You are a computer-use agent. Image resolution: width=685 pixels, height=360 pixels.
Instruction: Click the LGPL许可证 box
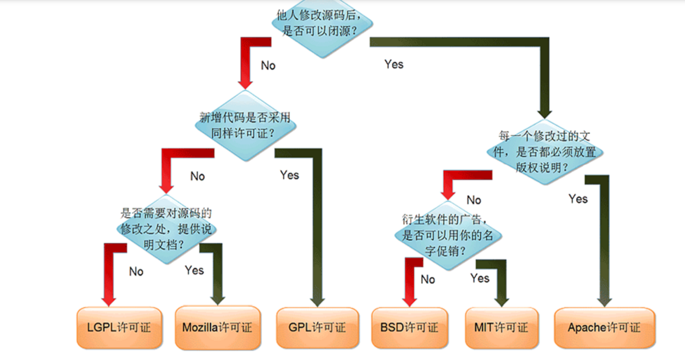[119, 327]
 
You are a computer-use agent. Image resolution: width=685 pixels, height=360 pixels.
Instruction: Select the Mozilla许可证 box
[218, 327]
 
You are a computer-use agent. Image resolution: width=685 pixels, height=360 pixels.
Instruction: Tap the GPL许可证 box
[317, 327]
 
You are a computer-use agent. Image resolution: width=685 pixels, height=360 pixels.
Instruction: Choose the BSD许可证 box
[409, 327]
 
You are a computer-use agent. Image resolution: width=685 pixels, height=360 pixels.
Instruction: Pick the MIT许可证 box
[501, 327]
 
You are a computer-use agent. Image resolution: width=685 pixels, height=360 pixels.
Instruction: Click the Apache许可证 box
[604, 327]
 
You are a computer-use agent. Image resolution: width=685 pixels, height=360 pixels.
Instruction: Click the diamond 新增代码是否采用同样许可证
[245, 126]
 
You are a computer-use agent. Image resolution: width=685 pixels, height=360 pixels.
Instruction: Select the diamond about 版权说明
[545, 152]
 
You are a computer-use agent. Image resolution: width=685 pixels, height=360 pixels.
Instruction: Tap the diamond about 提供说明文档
[166, 229]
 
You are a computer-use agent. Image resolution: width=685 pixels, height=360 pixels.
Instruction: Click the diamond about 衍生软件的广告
[448, 235]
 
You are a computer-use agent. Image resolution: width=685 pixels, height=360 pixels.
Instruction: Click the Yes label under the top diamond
[394, 64]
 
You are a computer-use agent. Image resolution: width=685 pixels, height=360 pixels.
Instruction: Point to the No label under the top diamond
[268, 65]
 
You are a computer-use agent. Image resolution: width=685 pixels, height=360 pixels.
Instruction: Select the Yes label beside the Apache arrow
[578, 199]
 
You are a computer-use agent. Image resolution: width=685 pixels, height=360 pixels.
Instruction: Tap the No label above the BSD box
[428, 279]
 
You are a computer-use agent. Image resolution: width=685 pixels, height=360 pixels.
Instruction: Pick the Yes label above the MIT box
[480, 278]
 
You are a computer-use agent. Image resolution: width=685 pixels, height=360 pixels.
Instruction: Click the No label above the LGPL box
[136, 271]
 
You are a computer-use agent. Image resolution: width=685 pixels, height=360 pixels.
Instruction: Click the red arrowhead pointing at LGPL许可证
[109, 301]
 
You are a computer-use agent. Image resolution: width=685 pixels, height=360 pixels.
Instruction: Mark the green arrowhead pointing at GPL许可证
[317, 302]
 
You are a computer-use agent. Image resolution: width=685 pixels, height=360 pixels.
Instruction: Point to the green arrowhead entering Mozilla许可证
[218, 300]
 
